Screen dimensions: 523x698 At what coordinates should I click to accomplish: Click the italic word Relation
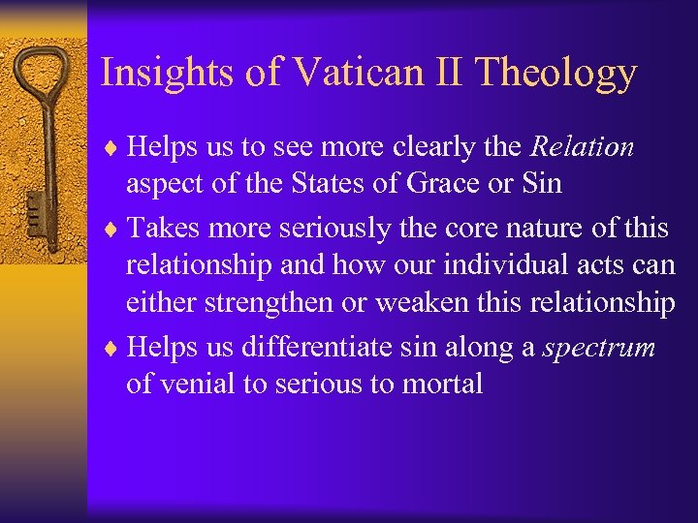point(582,147)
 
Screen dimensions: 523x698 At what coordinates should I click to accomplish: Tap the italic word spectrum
point(599,346)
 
